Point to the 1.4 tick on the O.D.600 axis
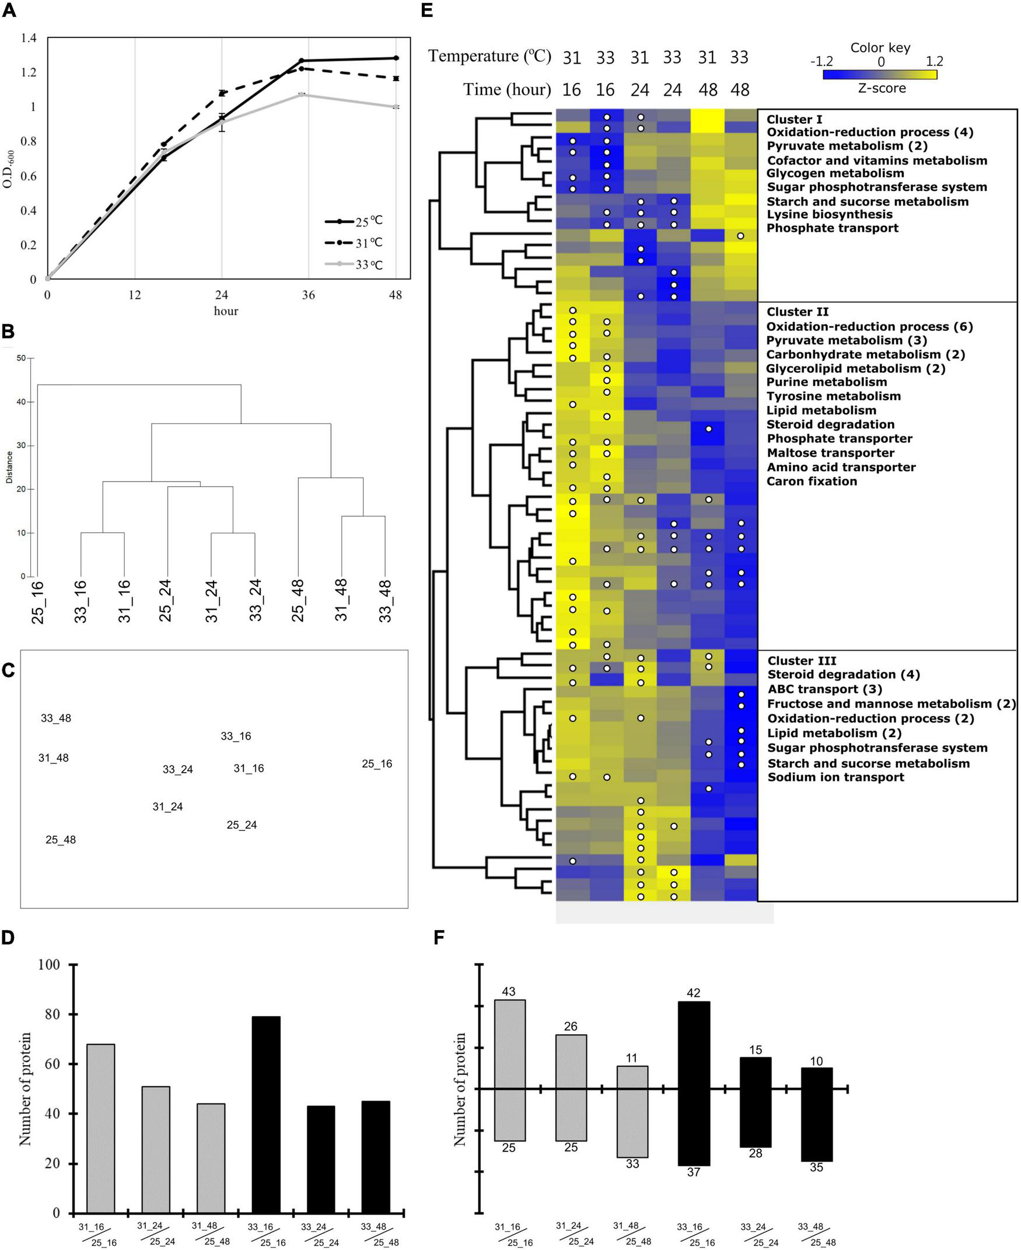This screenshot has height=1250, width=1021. point(29,39)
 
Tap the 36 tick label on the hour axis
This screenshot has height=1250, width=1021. point(308,295)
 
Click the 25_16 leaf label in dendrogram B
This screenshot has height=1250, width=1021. point(38,602)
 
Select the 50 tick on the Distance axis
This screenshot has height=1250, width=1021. point(21,358)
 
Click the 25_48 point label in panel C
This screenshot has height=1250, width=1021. point(61,839)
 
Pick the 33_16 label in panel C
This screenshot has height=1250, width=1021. point(236,736)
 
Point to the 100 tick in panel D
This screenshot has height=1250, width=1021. point(50,965)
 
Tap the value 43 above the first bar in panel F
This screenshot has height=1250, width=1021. point(509,991)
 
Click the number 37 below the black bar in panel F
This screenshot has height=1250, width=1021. point(694,1172)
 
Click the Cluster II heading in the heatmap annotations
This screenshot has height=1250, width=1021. point(798,312)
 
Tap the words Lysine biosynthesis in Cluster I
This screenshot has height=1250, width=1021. point(829,215)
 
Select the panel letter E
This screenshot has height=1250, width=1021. point(427,10)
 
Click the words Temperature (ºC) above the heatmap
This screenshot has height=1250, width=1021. point(489,56)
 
